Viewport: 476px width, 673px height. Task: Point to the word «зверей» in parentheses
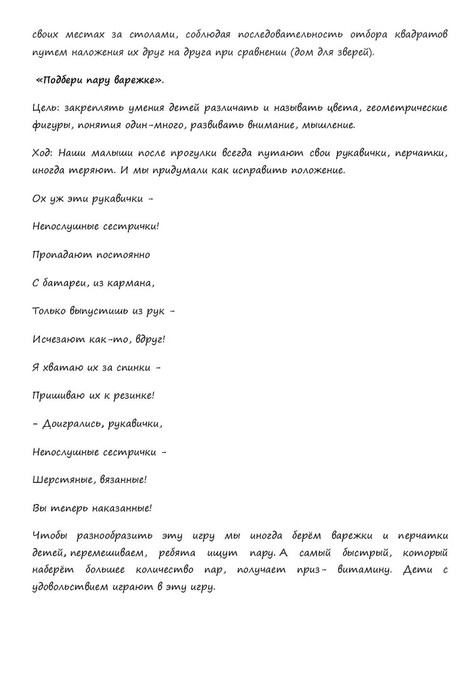click(354, 52)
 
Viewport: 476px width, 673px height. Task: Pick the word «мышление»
click(329, 125)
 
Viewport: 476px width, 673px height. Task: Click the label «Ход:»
click(44, 154)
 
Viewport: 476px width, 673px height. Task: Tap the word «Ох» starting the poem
click(39, 199)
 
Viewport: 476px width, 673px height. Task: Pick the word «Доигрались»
click(73, 424)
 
